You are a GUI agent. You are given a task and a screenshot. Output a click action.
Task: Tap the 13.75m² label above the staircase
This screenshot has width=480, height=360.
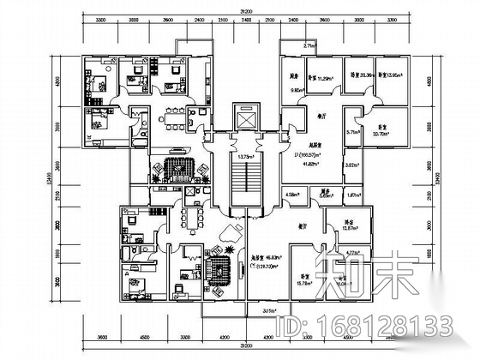coord(245,157)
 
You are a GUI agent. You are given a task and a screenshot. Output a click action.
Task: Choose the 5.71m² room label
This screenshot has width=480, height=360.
coord(327,133)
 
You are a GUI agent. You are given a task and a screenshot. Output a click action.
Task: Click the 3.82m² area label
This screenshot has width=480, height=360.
coord(327,164)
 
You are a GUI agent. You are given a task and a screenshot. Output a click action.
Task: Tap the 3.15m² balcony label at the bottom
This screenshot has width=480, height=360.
coord(271,310)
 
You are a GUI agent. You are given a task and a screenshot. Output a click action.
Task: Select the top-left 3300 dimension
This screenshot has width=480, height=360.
coord(100,20)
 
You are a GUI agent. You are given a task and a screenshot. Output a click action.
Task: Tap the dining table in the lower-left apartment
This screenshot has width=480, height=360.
coord(193,215)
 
